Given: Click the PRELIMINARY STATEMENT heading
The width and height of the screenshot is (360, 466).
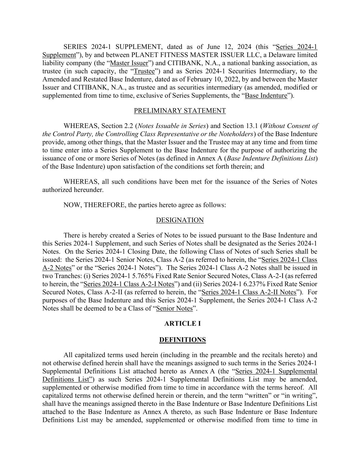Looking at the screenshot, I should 180,111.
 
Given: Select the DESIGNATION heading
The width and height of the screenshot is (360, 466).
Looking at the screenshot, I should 180,220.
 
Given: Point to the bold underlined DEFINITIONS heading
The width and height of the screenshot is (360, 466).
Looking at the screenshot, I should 182,340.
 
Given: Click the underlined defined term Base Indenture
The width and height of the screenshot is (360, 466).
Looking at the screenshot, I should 266,96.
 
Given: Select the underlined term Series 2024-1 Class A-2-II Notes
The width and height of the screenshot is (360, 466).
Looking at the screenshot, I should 249,292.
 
